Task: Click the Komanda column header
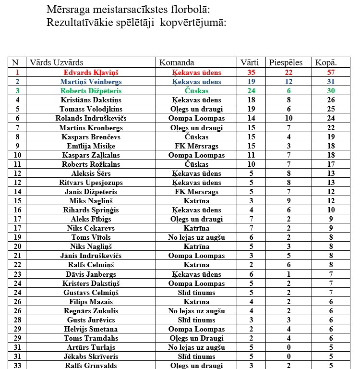coord(177,62)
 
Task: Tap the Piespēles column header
coord(286,62)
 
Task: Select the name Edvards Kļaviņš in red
coord(91,72)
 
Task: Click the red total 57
coord(330,72)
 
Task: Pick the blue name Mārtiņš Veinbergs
coord(91,82)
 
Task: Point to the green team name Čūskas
coord(196,91)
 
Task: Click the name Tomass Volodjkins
coord(91,109)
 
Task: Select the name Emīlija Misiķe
coord(91,146)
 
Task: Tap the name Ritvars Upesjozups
coord(91,183)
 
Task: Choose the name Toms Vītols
coord(91,237)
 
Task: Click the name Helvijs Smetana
coord(91,329)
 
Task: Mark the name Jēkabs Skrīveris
coord(91,357)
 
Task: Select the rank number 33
coord(17,365)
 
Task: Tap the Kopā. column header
coord(326,62)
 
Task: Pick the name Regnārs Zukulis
coord(91,311)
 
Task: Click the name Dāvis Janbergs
coord(91,274)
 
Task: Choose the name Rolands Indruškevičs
coord(91,118)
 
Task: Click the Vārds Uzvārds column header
coord(57,62)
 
